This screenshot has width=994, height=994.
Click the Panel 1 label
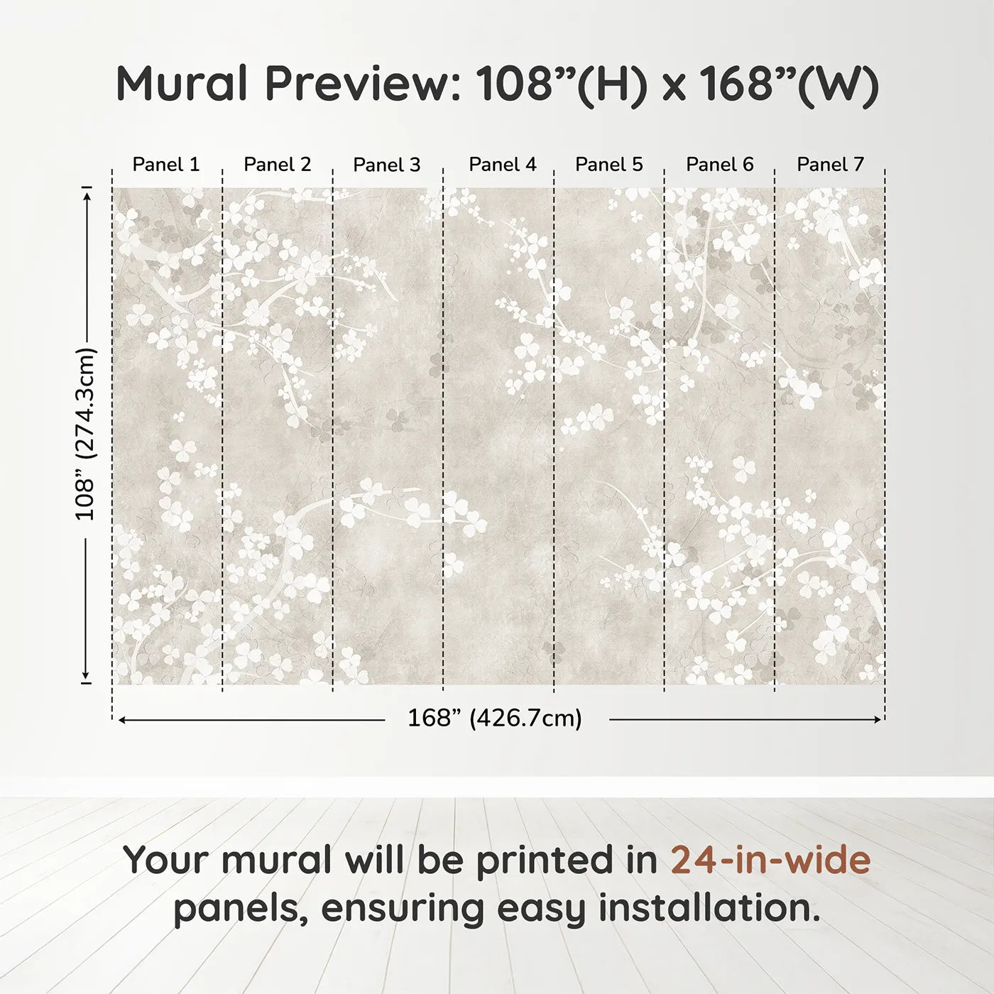tap(165, 165)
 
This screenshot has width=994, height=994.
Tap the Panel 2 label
tap(278, 165)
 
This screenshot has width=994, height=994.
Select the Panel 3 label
tap(387, 165)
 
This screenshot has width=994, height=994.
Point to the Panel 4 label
tap(503, 165)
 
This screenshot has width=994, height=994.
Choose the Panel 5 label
tap(609, 165)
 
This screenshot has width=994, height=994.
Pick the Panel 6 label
tap(719, 165)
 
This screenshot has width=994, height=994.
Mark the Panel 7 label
tap(830, 165)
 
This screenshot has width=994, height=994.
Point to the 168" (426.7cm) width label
tap(495, 718)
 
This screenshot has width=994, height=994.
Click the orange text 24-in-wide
tap(770, 860)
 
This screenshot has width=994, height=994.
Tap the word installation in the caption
tap(709, 907)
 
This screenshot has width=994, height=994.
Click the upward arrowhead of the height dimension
tap(87, 197)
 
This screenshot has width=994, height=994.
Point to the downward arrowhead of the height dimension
tap(87, 675)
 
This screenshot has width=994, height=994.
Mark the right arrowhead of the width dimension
tap(876, 719)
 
